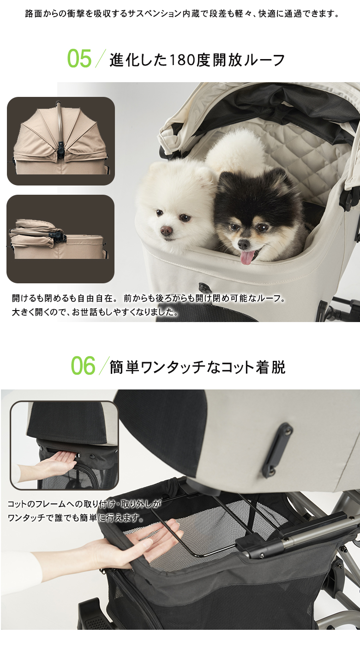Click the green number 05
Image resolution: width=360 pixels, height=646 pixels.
coord(80,59)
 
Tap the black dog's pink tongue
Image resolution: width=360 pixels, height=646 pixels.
coord(247,257)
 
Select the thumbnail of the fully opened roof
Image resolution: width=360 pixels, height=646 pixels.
coord(60,141)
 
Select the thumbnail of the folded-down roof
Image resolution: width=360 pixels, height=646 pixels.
coord(60,239)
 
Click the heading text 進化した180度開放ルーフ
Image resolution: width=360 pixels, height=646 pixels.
coord(198,60)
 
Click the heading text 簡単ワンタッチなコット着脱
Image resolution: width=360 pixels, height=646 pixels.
coord(198,367)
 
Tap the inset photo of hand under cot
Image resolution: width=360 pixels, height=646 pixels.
coord(64,445)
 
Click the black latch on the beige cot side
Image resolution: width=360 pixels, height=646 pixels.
coord(277,449)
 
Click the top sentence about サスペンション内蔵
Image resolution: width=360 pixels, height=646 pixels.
coord(182,14)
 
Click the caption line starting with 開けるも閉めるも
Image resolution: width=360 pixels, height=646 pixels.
coord(149,299)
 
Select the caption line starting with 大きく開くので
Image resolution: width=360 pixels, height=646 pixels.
coord(95,312)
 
